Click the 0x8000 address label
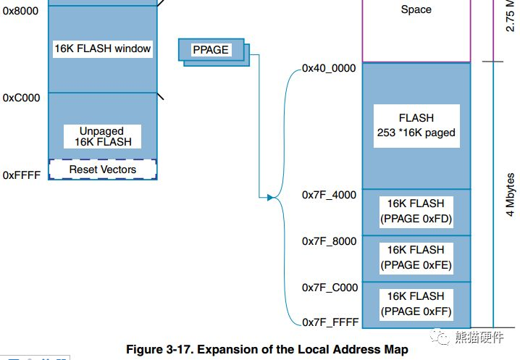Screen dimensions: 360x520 tap(20, 12)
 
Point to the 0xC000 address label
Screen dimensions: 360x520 tap(21, 97)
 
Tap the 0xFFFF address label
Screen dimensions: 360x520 tap(21, 175)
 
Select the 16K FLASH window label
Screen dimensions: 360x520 tap(103, 49)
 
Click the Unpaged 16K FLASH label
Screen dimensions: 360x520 tap(103, 137)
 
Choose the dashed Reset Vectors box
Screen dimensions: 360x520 tap(103, 169)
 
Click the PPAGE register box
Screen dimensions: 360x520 tap(211, 50)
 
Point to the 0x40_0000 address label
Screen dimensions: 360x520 tap(329, 69)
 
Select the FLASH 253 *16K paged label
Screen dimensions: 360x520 tap(416, 125)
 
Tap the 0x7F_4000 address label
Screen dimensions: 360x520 tap(330, 195)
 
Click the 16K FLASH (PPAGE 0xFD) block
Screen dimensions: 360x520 tap(416, 211)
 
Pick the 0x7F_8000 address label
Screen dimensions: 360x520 tap(330, 241)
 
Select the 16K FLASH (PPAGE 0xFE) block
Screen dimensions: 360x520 tap(416, 257)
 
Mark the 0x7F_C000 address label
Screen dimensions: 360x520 tap(330, 288)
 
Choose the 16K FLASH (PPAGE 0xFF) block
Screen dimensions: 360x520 tap(416, 304)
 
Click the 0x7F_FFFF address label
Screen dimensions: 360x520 tap(330, 322)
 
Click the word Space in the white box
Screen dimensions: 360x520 tap(416, 10)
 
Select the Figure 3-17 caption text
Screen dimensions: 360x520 tap(267, 349)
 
